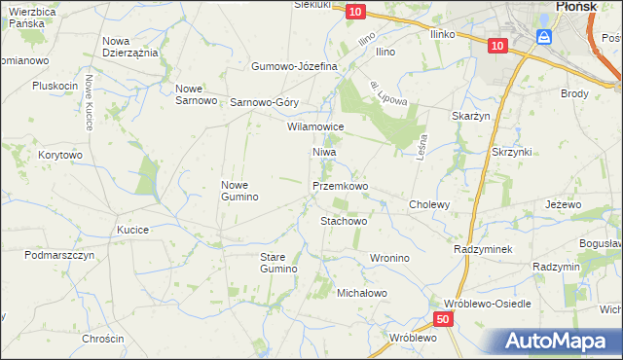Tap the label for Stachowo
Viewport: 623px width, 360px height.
pos(344,221)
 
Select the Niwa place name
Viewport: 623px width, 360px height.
pos(324,153)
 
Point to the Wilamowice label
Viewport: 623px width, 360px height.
pos(315,126)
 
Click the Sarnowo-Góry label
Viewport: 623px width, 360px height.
pos(264,101)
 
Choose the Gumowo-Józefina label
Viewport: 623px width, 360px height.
pos(294,66)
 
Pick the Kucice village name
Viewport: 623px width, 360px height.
pos(132,230)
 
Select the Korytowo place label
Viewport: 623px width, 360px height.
pos(60,155)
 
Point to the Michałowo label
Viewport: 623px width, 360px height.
pos(362,293)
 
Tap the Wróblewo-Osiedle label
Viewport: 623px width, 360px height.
pos(488,304)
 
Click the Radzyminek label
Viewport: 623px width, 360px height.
pos(483,249)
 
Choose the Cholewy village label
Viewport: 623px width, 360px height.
pos(429,204)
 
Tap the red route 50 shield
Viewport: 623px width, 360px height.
pos(443,319)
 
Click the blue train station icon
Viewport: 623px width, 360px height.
pos(545,37)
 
